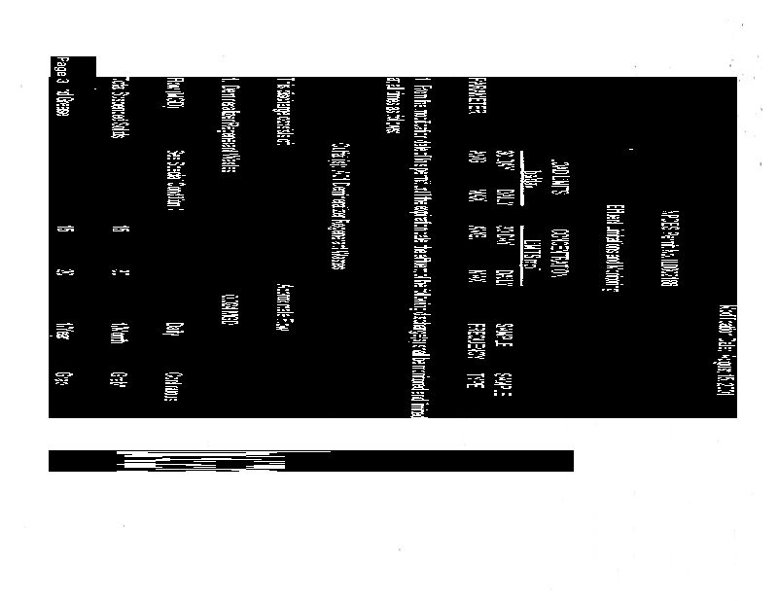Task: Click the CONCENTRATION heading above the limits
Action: coord(558,247)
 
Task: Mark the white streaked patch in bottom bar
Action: coord(204,461)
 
